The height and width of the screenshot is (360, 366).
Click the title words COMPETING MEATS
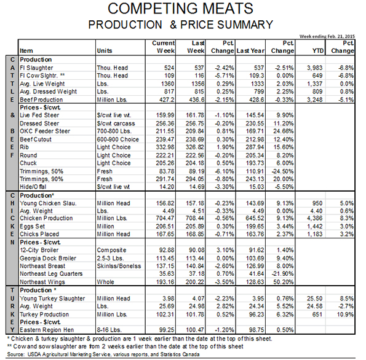tap(180, 9)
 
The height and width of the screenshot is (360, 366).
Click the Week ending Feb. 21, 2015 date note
tap(327, 36)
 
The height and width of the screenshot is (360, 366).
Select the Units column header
tap(105, 51)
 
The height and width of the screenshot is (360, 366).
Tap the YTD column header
tap(318, 51)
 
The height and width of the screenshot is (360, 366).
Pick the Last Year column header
tap(250, 51)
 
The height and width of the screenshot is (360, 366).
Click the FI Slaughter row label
tap(36, 68)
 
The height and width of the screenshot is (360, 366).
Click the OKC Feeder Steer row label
tap(45, 131)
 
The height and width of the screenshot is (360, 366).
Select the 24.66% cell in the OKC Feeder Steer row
tap(284, 131)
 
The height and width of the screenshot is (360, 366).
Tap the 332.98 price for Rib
tap(165, 147)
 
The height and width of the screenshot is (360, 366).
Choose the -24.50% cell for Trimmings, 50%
tap(283, 171)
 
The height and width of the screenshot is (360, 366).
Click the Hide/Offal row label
tap(33, 187)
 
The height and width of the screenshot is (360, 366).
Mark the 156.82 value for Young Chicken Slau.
tap(165, 203)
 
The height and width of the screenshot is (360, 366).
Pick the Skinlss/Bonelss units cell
tap(119, 266)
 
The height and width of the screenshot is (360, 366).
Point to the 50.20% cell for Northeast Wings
tap(284, 282)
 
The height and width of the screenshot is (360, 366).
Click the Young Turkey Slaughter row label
tap(52, 299)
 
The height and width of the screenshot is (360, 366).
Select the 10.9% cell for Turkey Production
tap(345, 315)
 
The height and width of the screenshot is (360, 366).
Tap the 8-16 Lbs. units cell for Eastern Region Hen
tap(109, 330)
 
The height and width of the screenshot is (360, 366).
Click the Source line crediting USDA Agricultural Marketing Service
tap(103, 354)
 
